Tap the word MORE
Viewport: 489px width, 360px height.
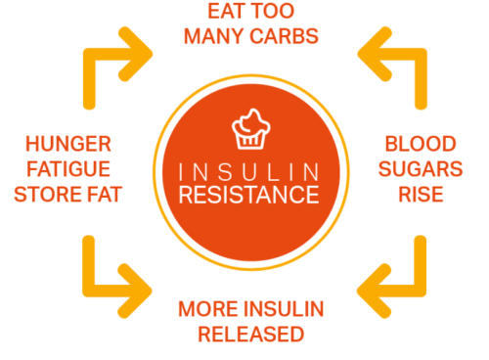208,310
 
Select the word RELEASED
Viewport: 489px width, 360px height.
249,335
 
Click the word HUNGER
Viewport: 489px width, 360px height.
68,145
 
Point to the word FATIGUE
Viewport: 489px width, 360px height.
68,169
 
